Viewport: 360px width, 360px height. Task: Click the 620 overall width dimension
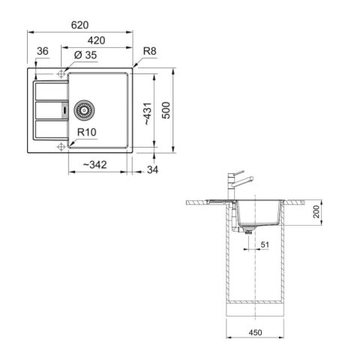pyautogui.click(x=80, y=24)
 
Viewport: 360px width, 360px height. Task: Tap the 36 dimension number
pyautogui.click(x=42, y=51)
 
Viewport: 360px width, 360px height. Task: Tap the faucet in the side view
pyautogui.click(x=239, y=184)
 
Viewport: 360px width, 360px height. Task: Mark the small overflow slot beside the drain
pyautogui.click(x=66, y=108)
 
